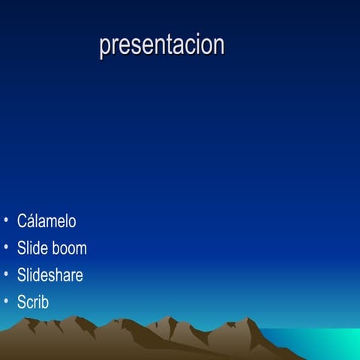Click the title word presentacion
[x=161, y=45]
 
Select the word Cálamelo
[x=46, y=221]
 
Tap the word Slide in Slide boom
[x=31, y=248]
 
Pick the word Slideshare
[x=49, y=275]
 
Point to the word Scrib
[x=33, y=302]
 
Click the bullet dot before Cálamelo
[x=6, y=222]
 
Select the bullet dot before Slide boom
[x=6, y=248]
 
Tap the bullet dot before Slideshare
[x=6, y=275]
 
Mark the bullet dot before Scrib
[x=6, y=302]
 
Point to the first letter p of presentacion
[x=103, y=46]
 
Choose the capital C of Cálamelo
[x=22, y=221]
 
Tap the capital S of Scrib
[x=22, y=302]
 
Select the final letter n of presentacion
[x=219, y=45]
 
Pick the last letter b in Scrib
[x=44, y=302]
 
